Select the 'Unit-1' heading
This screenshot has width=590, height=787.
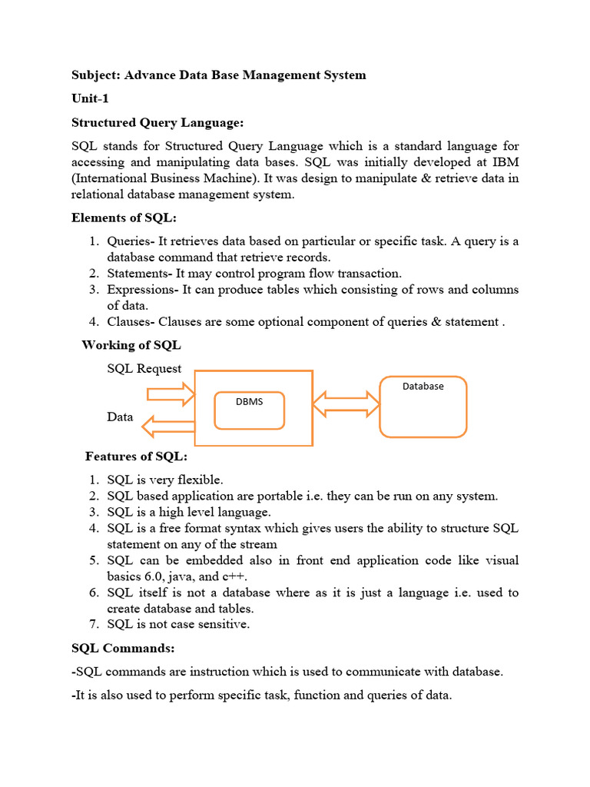(91, 99)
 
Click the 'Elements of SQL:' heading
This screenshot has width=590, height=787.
(124, 218)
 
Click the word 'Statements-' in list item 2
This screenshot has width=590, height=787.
(140, 274)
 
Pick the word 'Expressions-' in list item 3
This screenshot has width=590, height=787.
(142, 290)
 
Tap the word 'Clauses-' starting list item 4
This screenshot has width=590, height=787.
(131, 322)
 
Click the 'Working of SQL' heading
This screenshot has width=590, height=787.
(131, 345)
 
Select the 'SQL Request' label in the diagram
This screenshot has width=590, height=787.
(144, 369)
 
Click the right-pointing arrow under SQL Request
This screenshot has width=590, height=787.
(171, 395)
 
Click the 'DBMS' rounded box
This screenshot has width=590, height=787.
(249, 410)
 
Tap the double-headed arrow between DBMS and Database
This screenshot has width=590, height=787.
(346, 404)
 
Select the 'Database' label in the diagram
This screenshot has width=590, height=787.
(423, 387)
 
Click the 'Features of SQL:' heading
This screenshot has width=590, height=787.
(136, 457)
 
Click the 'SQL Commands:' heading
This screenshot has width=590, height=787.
(123, 649)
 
